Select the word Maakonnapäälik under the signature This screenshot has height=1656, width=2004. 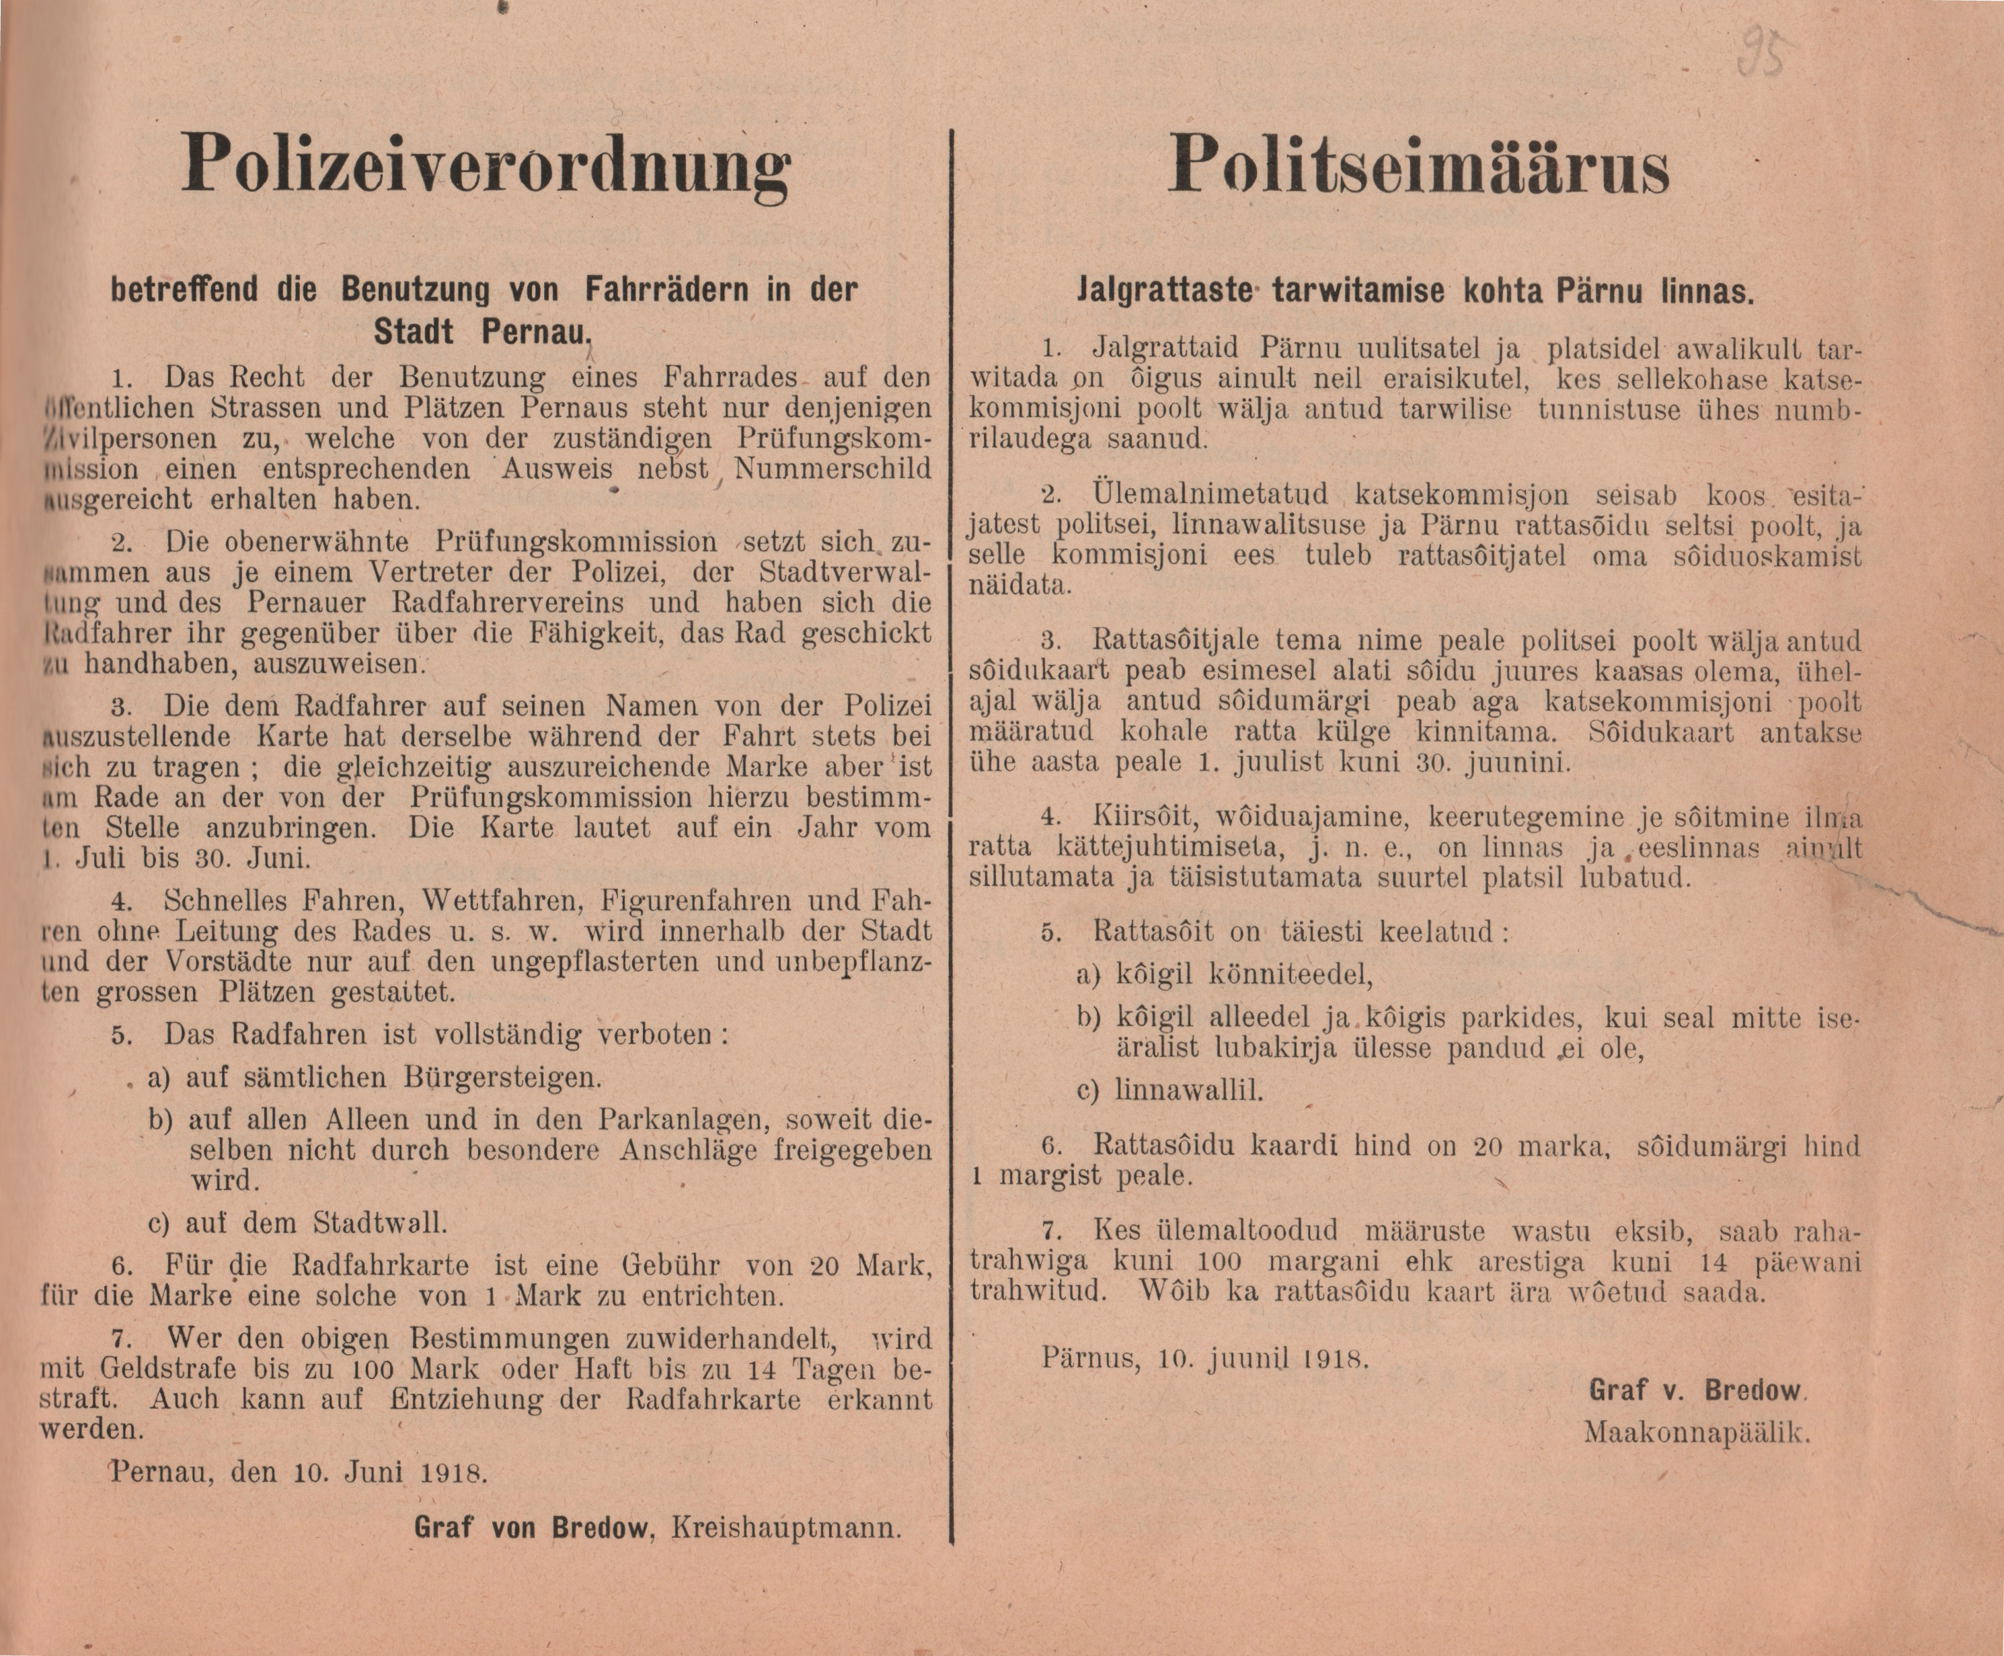(x=1697, y=1432)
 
